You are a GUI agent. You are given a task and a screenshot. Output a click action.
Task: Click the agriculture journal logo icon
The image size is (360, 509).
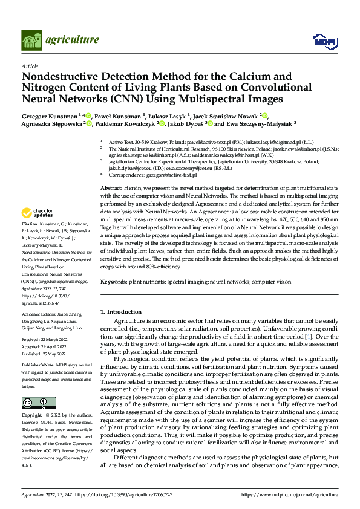click(31, 41)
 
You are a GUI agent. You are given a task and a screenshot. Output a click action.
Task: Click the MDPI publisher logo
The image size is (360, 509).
click(321, 41)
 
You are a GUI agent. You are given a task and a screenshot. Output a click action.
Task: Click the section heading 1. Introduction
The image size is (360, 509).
click(120, 311)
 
